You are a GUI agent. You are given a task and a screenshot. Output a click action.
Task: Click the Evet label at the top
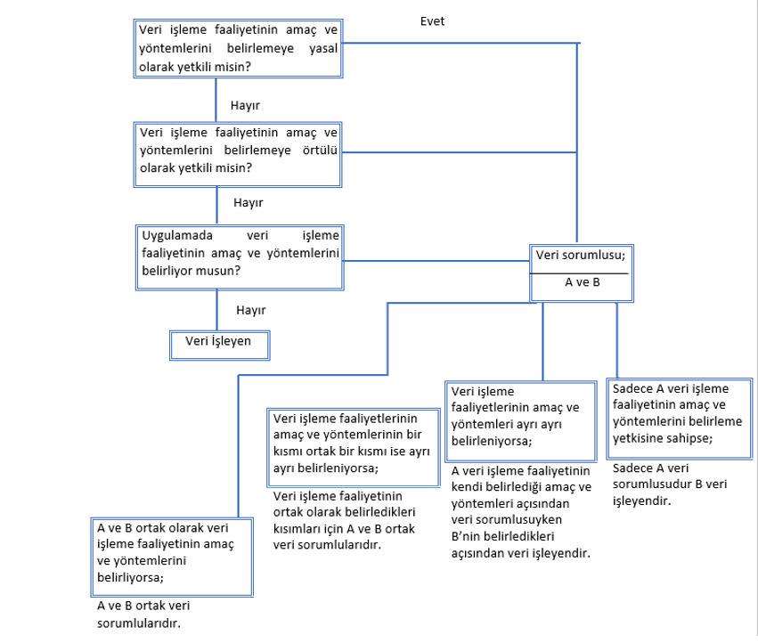[432, 21]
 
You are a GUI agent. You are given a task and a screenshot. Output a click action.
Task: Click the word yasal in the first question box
[323, 48]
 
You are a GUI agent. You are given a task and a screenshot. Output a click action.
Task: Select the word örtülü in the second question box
[320, 151]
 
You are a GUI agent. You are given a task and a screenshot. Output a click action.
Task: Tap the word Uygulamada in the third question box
[177, 235]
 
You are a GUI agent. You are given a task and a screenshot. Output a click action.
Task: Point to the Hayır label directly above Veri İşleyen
[251, 310]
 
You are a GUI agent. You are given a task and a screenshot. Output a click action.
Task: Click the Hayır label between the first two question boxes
[245, 105]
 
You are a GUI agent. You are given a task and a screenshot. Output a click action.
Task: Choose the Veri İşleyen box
[219, 346]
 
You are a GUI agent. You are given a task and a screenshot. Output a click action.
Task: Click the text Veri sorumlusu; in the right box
[581, 255]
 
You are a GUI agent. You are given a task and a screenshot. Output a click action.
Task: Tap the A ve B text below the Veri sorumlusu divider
[583, 282]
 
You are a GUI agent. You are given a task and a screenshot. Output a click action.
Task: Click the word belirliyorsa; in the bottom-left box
[131, 578]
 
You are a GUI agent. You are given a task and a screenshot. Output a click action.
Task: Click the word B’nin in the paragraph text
[466, 537]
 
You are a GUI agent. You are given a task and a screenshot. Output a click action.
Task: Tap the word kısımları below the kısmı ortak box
[297, 529]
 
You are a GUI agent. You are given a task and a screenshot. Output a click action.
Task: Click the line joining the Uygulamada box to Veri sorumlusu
[436, 261]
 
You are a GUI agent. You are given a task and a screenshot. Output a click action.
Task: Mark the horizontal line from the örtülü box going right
[460, 152]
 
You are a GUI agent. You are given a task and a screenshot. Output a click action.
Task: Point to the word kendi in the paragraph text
[467, 487]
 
